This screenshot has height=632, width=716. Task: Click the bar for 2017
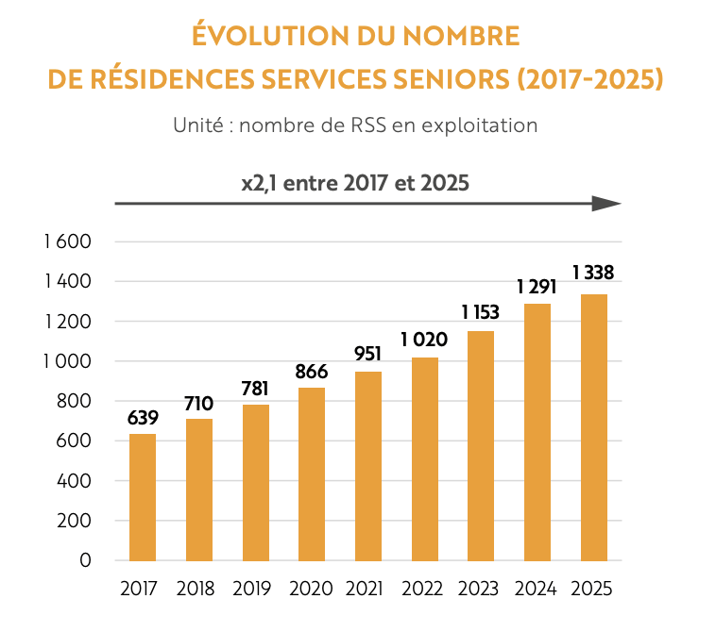[x=143, y=497]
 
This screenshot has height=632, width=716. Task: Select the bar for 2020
[x=312, y=474]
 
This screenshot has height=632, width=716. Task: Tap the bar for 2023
[x=481, y=445]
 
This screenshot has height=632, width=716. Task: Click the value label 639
[x=143, y=418]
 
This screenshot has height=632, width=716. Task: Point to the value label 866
[x=312, y=372]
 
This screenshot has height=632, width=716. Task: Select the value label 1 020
[x=424, y=341]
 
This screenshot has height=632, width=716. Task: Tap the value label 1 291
[x=537, y=287]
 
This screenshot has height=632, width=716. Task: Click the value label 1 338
[x=593, y=274]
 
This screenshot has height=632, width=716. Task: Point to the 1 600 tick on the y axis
[x=66, y=241]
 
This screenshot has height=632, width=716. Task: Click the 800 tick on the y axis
[x=75, y=401]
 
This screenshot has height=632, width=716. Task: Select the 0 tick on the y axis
[x=85, y=560]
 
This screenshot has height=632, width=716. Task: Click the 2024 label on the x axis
[x=537, y=589]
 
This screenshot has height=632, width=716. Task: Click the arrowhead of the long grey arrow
[x=606, y=204]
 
